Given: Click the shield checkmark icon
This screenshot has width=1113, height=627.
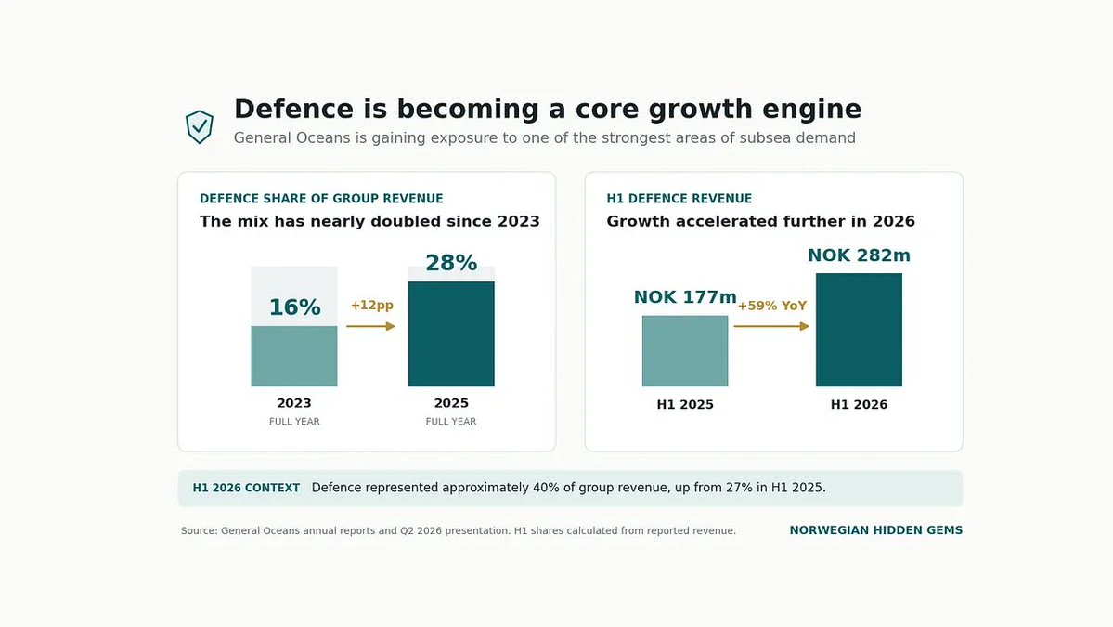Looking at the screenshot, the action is point(200,126).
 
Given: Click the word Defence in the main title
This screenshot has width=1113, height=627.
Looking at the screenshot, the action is point(294,110).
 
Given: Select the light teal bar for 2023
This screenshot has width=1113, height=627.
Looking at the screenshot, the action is point(294,356).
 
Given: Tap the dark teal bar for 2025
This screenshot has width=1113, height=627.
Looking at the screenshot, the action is point(451,333).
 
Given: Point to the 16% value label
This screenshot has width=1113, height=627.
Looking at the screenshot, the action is point(294,307).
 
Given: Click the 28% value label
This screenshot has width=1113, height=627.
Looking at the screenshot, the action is point(451,263).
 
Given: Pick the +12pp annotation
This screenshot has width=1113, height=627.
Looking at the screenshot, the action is point(372,305).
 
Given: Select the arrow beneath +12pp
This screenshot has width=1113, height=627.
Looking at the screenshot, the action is point(370,326).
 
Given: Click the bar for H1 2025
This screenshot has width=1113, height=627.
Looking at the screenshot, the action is point(685,351).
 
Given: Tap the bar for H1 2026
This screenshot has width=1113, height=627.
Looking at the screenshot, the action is point(859,330).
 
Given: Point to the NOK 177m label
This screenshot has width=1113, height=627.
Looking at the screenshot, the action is point(685,297).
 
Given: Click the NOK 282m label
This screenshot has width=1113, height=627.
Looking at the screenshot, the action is point(859,255).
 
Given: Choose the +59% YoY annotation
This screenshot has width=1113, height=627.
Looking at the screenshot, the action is point(772,306).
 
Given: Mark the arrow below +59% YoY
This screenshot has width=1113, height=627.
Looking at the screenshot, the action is point(771,326).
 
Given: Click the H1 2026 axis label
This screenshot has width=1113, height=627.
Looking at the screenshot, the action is point(859,405).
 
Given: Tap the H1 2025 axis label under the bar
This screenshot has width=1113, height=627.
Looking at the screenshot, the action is point(685,405).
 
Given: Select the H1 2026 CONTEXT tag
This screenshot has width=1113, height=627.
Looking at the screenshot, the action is point(246,488).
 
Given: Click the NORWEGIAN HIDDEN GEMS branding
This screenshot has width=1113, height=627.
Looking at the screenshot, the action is point(876,530).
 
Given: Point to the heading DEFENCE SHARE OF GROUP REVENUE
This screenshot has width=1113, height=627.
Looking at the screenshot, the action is point(321,199).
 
